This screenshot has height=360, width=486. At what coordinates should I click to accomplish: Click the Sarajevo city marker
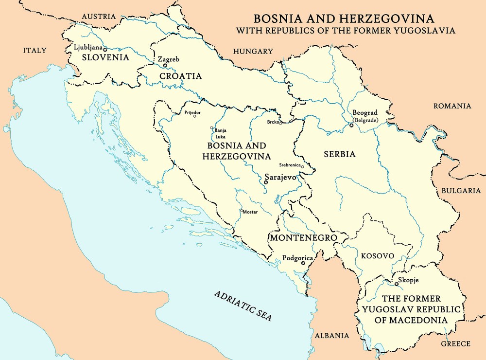(265, 182)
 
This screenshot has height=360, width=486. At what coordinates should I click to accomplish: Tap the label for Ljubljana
(87, 47)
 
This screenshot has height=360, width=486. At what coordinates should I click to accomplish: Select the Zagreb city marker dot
(165, 65)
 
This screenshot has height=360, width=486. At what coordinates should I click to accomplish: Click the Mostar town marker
(241, 212)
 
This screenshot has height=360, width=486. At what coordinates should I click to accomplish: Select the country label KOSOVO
(377, 256)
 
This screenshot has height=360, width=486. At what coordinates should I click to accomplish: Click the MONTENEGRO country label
(303, 238)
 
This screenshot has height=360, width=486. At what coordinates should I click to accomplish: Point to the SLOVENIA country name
(105, 57)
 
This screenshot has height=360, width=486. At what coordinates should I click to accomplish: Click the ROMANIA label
(452, 106)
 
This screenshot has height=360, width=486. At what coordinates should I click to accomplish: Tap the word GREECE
(455, 343)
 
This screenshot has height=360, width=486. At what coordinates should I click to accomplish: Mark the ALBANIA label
(332, 335)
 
